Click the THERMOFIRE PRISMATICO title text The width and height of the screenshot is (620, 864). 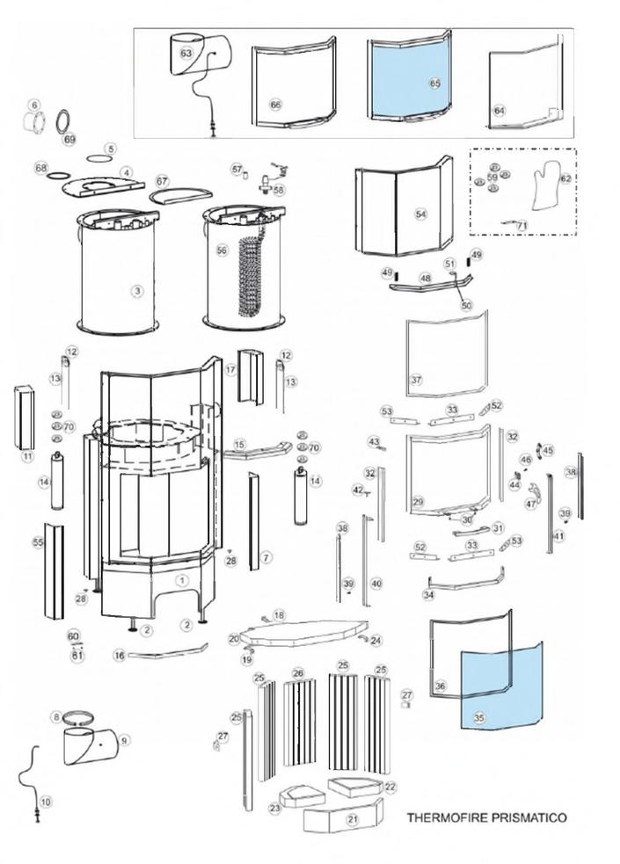tap(486, 817)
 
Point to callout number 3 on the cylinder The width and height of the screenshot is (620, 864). tap(136, 291)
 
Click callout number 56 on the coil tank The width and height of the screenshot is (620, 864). tap(222, 250)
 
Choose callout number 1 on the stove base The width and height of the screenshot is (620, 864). tap(181, 580)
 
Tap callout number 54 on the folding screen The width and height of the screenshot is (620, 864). tap(420, 214)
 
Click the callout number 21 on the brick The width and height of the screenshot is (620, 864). tap(353, 819)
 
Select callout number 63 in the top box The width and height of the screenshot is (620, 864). tap(186, 53)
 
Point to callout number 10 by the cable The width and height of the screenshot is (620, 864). tap(46, 802)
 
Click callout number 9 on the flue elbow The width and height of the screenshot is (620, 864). tap(124, 740)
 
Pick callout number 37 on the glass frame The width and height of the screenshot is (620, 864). tap(417, 381)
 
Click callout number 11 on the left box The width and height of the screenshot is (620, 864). tap(27, 456)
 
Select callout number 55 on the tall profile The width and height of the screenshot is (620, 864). tap(38, 542)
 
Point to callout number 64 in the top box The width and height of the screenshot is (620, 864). tap(500, 111)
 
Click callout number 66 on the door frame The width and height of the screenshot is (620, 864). tap(275, 105)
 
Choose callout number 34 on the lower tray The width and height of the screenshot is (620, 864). tap(428, 595)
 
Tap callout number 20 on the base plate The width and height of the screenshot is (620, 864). tap(234, 639)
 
